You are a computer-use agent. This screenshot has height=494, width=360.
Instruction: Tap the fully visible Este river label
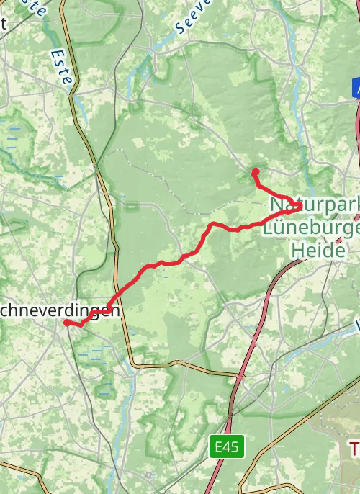tap(61, 66)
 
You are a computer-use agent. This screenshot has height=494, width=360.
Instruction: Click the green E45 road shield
tap(228, 447)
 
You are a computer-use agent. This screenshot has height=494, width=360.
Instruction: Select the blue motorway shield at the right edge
tap(356, 88)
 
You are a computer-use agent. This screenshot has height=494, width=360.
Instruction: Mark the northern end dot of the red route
tap(255, 171)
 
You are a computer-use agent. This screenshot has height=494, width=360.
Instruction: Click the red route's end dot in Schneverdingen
tap(66, 323)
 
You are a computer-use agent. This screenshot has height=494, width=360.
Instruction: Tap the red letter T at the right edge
tap(355, 449)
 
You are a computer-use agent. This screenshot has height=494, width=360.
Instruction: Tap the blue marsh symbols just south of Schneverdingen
tap(94, 353)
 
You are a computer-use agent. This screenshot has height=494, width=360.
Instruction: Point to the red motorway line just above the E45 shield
tap(231, 421)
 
